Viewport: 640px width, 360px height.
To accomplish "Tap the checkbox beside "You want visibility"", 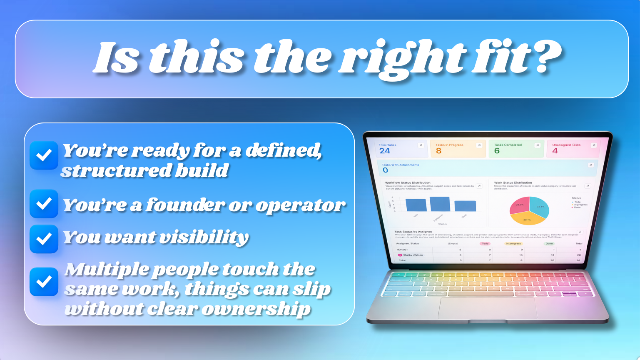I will click(44, 239).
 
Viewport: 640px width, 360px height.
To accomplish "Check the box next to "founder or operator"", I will click(44, 204).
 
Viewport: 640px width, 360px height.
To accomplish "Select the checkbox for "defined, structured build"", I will click(44, 155).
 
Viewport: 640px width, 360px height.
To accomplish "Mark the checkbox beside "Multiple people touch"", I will click(44, 282).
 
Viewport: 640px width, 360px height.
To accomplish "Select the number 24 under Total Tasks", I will click(385, 151).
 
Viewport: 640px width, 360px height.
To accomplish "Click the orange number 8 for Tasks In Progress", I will click(438, 151).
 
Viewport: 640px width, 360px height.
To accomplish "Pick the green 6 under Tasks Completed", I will click(497, 151).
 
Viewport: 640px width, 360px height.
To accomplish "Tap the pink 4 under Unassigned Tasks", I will click(555, 151).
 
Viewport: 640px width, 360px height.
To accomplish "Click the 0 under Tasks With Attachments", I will click(385, 170).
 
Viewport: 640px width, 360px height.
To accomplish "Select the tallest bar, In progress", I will click(440, 204).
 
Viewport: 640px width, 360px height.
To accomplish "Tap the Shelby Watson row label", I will click(412, 255).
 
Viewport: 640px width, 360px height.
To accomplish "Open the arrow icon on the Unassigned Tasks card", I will click(593, 145).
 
